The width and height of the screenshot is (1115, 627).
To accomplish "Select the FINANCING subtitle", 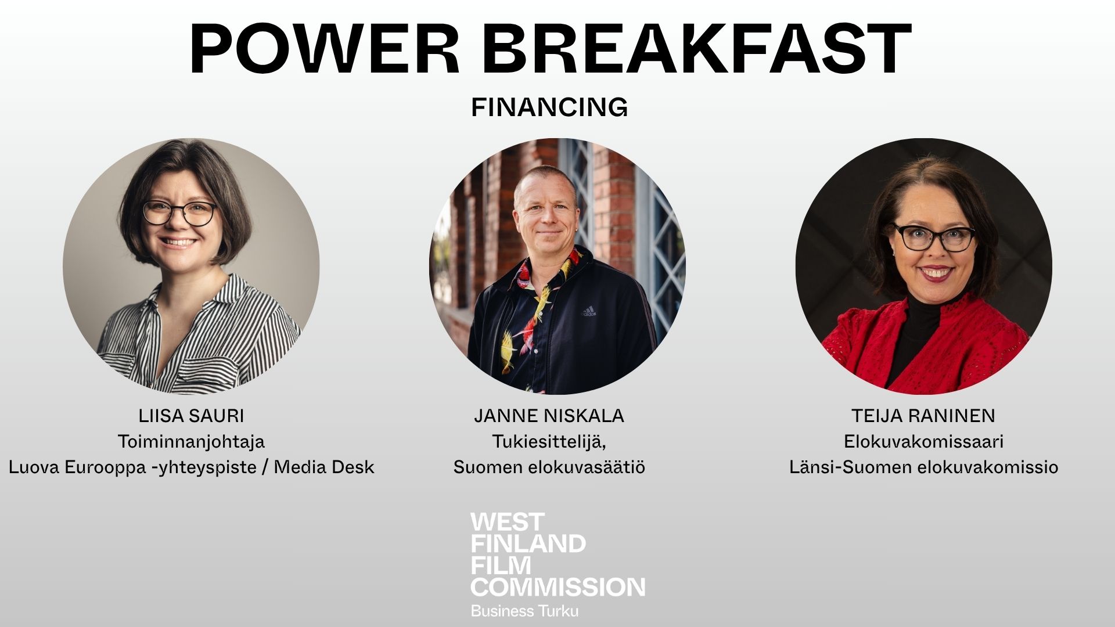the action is point(549,107).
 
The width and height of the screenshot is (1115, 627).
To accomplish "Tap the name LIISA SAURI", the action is point(191,416).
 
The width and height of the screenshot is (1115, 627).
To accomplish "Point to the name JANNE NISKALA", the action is point(549,416).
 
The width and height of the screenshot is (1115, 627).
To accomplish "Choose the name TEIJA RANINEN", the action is point(923,416).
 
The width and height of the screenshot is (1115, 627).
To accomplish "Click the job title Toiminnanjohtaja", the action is point(191,442).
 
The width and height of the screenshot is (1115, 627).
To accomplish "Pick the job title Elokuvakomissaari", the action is point(923,441).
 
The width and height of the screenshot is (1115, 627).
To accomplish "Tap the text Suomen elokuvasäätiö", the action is point(549,467).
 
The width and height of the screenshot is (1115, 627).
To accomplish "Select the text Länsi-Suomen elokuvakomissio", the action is point(923,467).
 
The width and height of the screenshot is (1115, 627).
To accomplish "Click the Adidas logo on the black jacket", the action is point(589,311).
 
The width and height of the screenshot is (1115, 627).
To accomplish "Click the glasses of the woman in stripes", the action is point(179,213).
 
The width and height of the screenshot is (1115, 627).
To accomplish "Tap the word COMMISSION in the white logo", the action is point(557,587).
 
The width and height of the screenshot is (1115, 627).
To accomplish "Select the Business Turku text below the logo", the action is point(524,611).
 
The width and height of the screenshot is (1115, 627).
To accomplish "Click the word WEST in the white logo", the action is point(507,522).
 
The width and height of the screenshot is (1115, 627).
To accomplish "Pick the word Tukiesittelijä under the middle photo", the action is point(549,442).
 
